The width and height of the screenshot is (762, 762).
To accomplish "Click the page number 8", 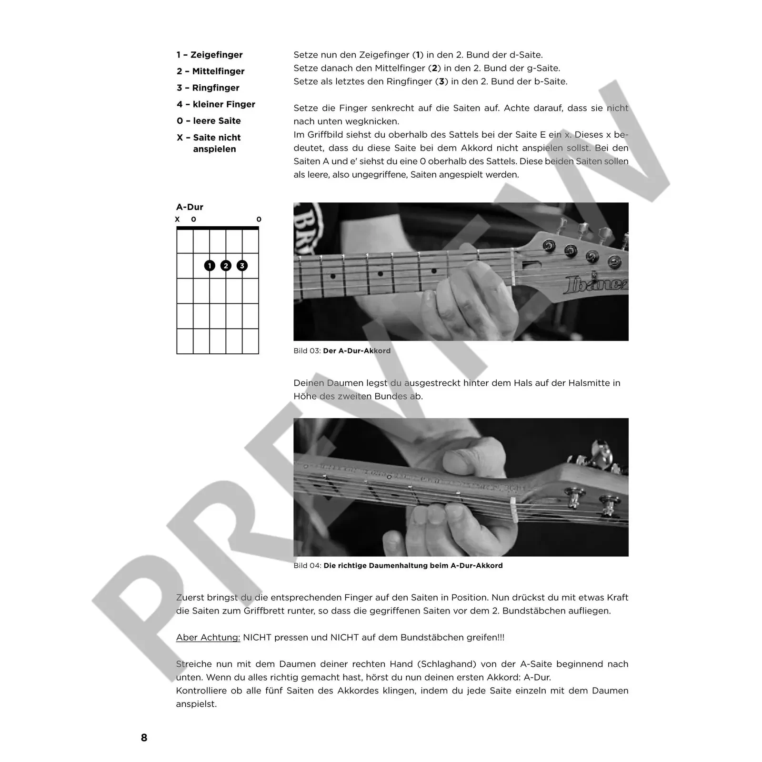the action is (144, 738).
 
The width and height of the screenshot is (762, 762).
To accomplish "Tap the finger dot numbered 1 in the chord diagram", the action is (210, 266).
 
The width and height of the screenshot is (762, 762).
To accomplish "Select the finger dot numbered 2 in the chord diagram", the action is (226, 266).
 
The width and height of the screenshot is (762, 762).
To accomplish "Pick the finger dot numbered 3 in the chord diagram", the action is (242, 266).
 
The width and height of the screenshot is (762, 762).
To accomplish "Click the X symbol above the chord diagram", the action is (177, 220).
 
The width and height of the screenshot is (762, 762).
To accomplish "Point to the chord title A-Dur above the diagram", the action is (190, 207).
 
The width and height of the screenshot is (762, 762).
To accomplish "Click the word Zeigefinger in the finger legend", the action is (217, 55).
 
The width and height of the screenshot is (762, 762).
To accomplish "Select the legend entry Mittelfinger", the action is (218, 71).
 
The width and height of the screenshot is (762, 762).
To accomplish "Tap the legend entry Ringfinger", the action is (216, 88).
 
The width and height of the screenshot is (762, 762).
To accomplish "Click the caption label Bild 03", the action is (307, 351).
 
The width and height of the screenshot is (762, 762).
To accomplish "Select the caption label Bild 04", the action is (307, 566).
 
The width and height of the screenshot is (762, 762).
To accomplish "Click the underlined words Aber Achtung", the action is (208, 638).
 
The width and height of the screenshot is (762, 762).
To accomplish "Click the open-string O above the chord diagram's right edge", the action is (259, 220).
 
